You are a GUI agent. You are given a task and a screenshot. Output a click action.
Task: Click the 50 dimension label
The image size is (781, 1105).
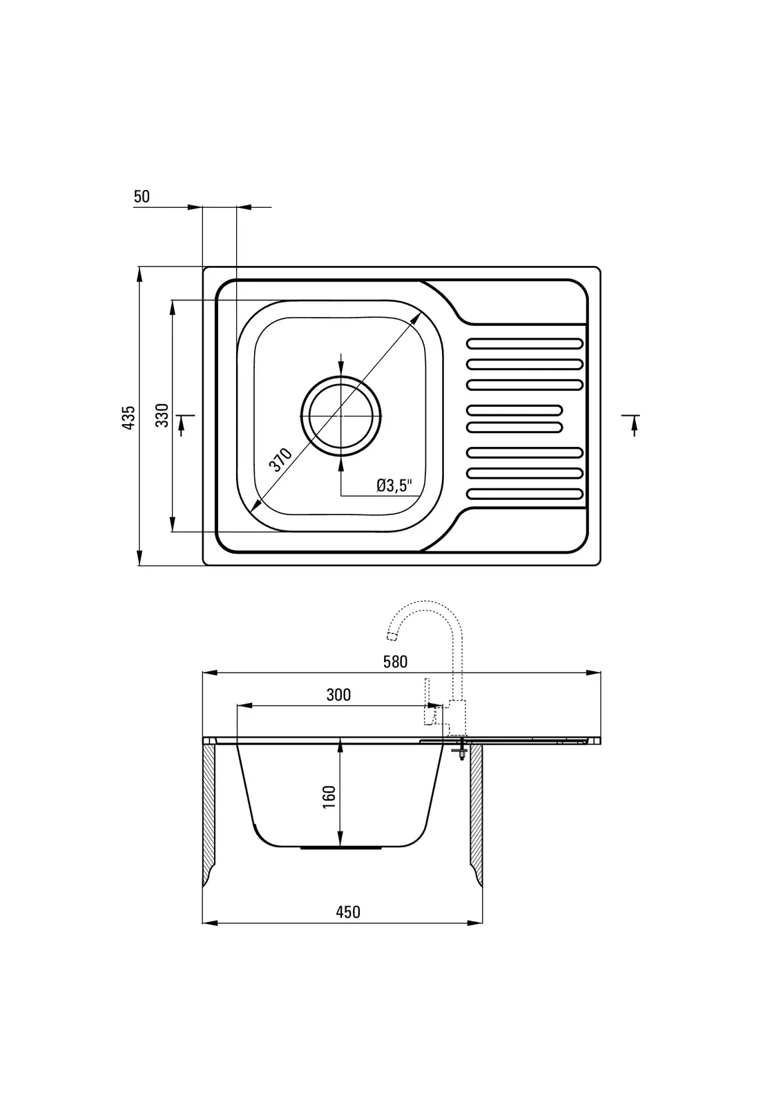pyautogui.click(x=142, y=196)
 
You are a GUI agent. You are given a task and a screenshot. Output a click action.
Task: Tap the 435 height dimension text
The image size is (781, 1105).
pyautogui.click(x=128, y=417)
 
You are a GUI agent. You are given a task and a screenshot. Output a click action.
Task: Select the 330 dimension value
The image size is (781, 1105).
pyautogui.click(x=162, y=415)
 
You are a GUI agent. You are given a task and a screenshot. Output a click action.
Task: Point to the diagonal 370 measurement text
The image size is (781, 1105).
pyautogui.click(x=280, y=460)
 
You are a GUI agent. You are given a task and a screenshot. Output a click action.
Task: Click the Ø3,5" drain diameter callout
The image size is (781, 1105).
pyautogui.click(x=394, y=486)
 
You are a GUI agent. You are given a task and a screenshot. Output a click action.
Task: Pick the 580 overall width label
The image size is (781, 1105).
pyautogui.click(x=395, y=662)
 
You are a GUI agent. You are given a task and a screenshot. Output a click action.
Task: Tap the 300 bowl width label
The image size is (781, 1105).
pyautogui.click(x=338, y=695)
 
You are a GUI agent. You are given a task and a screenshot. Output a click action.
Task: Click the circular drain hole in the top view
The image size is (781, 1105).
pyautogui.click(x=341, y=416)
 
